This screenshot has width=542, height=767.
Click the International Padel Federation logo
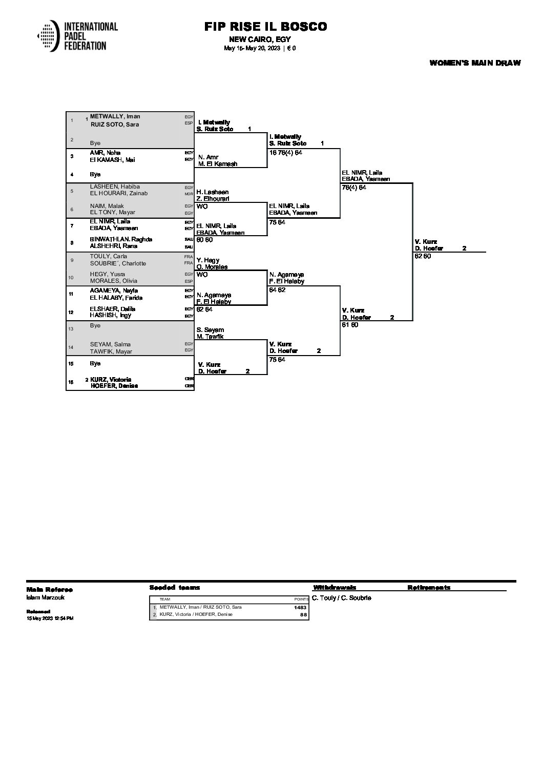pos(77,36)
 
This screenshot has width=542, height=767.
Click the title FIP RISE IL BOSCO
pos(265,27)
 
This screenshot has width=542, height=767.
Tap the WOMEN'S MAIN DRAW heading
pos(475,63)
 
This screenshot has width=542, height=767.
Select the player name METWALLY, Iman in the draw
pos(115,116)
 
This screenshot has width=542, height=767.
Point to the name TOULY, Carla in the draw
pos(109,256)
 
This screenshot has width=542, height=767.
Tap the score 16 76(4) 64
pos(285,153)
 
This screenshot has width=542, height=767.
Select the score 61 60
pos(350,325)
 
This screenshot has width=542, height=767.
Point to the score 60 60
pos(204,239)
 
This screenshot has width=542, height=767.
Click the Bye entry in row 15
pos(95,363)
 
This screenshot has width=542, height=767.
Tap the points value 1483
pos(300,608)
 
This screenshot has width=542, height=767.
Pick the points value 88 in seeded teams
pos(303,614)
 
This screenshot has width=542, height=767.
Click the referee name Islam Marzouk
pos(46,597)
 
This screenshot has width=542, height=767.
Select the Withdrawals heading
pos(335,588)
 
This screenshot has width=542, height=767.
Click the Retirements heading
pos(429,588)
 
